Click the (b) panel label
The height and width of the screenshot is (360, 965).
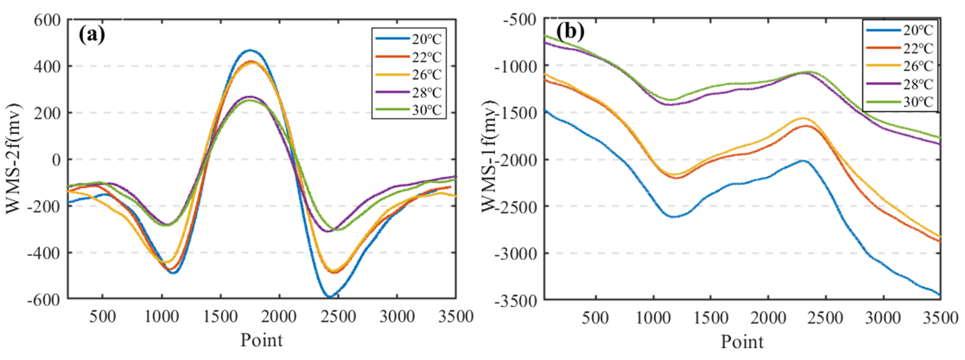[x=570, y=32]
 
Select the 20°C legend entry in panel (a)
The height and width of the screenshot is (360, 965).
[x=427, y=39]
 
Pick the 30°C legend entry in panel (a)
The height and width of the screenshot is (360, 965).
[x=427, y=110]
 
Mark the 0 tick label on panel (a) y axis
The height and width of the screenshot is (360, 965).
[x=56, y=160]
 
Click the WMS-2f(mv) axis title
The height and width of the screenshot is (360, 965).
[x=13, y=159]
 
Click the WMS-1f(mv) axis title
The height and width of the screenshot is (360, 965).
[x=490, y=156]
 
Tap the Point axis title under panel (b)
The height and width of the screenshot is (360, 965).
[x=742, y=342]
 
